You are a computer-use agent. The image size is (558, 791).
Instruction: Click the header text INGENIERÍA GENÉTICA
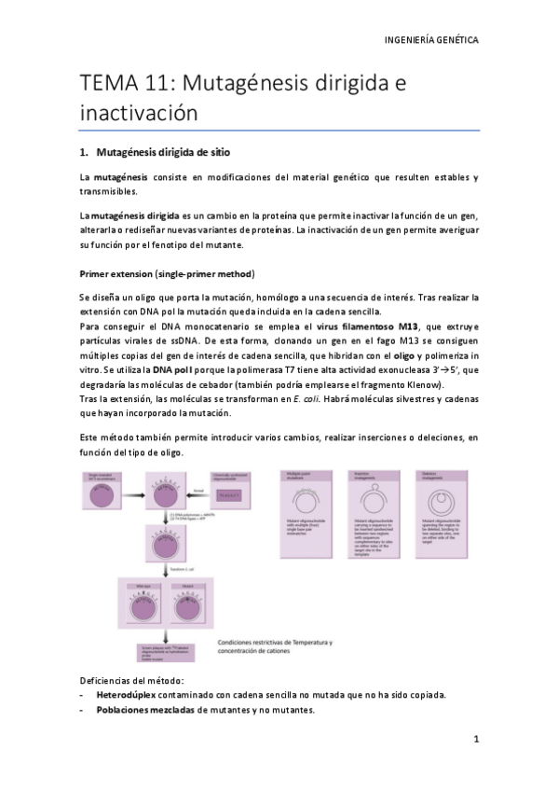pos(430,41)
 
